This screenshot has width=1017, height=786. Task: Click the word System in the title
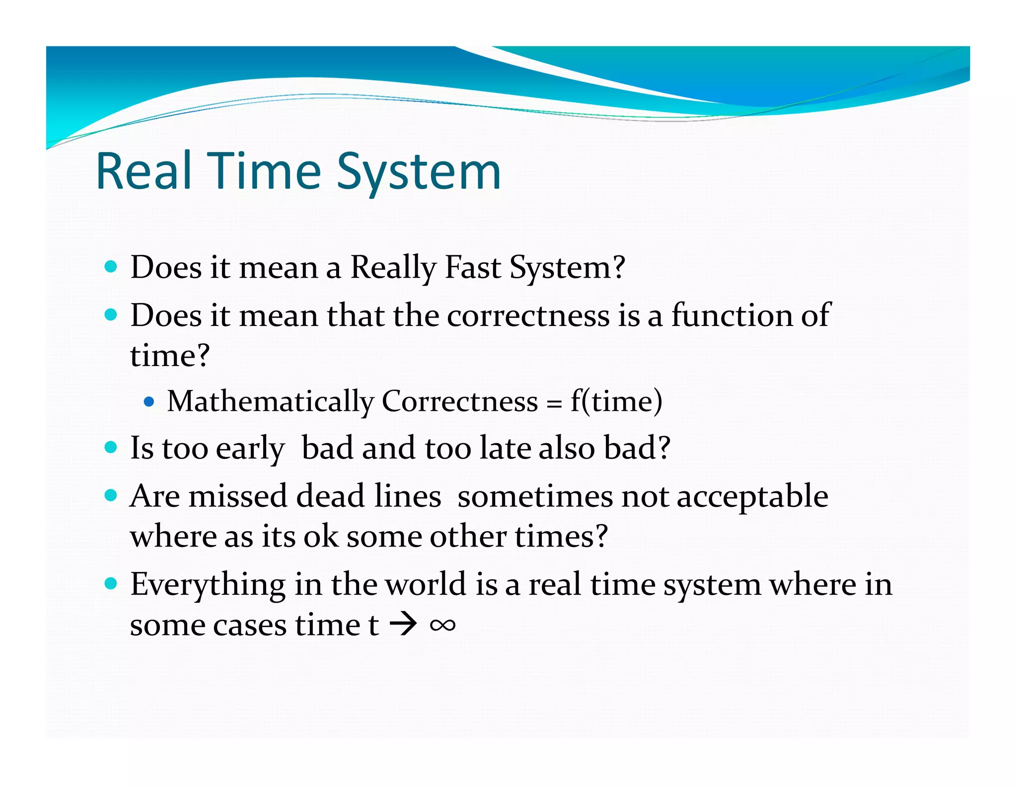[x=419, y=172]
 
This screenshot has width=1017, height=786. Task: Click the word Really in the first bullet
[x=393, y=268]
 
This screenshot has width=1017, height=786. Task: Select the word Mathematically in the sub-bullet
[x=270, y=401]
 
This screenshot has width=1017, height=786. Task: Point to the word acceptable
[x=752, y=497]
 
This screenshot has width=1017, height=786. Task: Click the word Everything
[x=208, y=585]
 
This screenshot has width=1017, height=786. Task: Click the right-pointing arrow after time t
[x=403, y=625]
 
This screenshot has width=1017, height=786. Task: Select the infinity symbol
[x=442, y=625]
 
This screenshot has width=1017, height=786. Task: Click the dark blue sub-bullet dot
[x=148, y=401]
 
